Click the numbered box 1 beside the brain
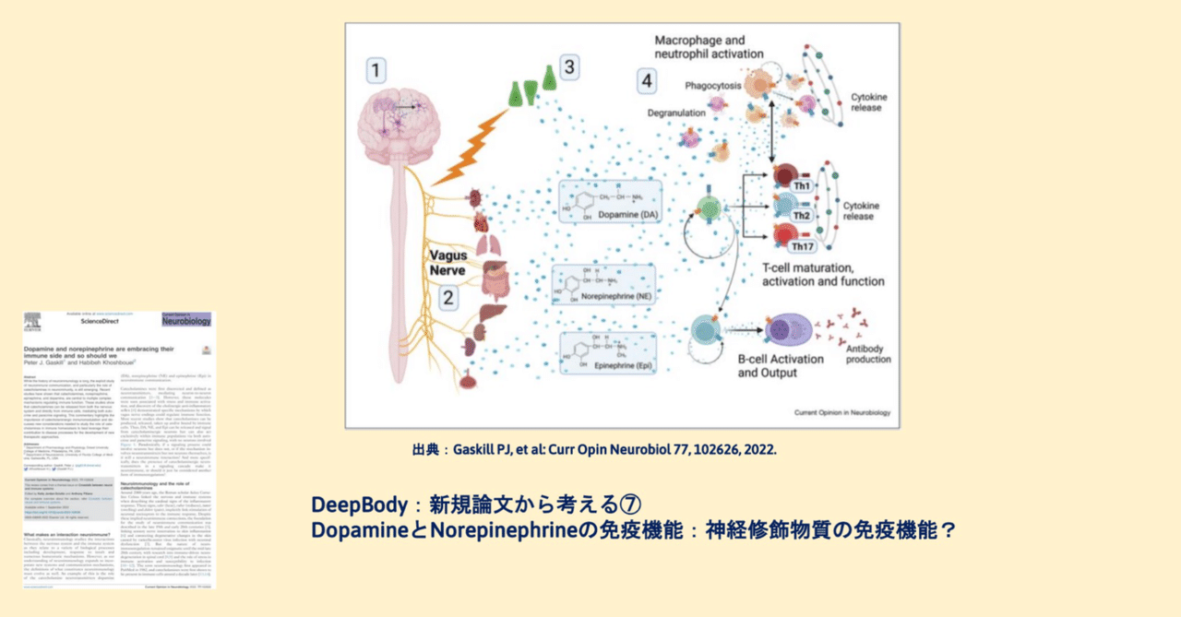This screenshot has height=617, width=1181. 375,70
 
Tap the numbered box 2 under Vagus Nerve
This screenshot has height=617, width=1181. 447,297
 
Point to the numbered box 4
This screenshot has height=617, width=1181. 649,81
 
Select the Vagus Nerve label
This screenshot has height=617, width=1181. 449,261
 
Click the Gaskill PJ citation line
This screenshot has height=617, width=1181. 595,450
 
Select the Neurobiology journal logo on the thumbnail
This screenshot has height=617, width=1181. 186,320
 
